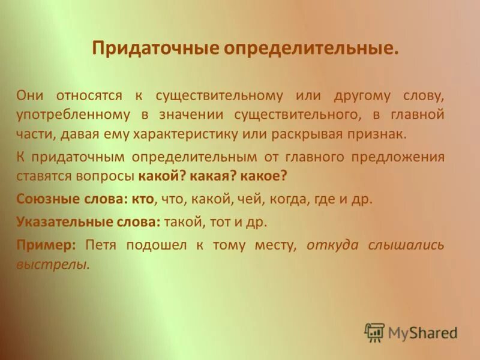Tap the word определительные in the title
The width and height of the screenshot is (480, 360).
311,49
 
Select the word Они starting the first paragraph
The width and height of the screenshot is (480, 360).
29,95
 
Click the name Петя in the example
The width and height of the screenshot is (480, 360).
100,244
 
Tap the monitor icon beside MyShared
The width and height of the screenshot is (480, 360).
374,332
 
